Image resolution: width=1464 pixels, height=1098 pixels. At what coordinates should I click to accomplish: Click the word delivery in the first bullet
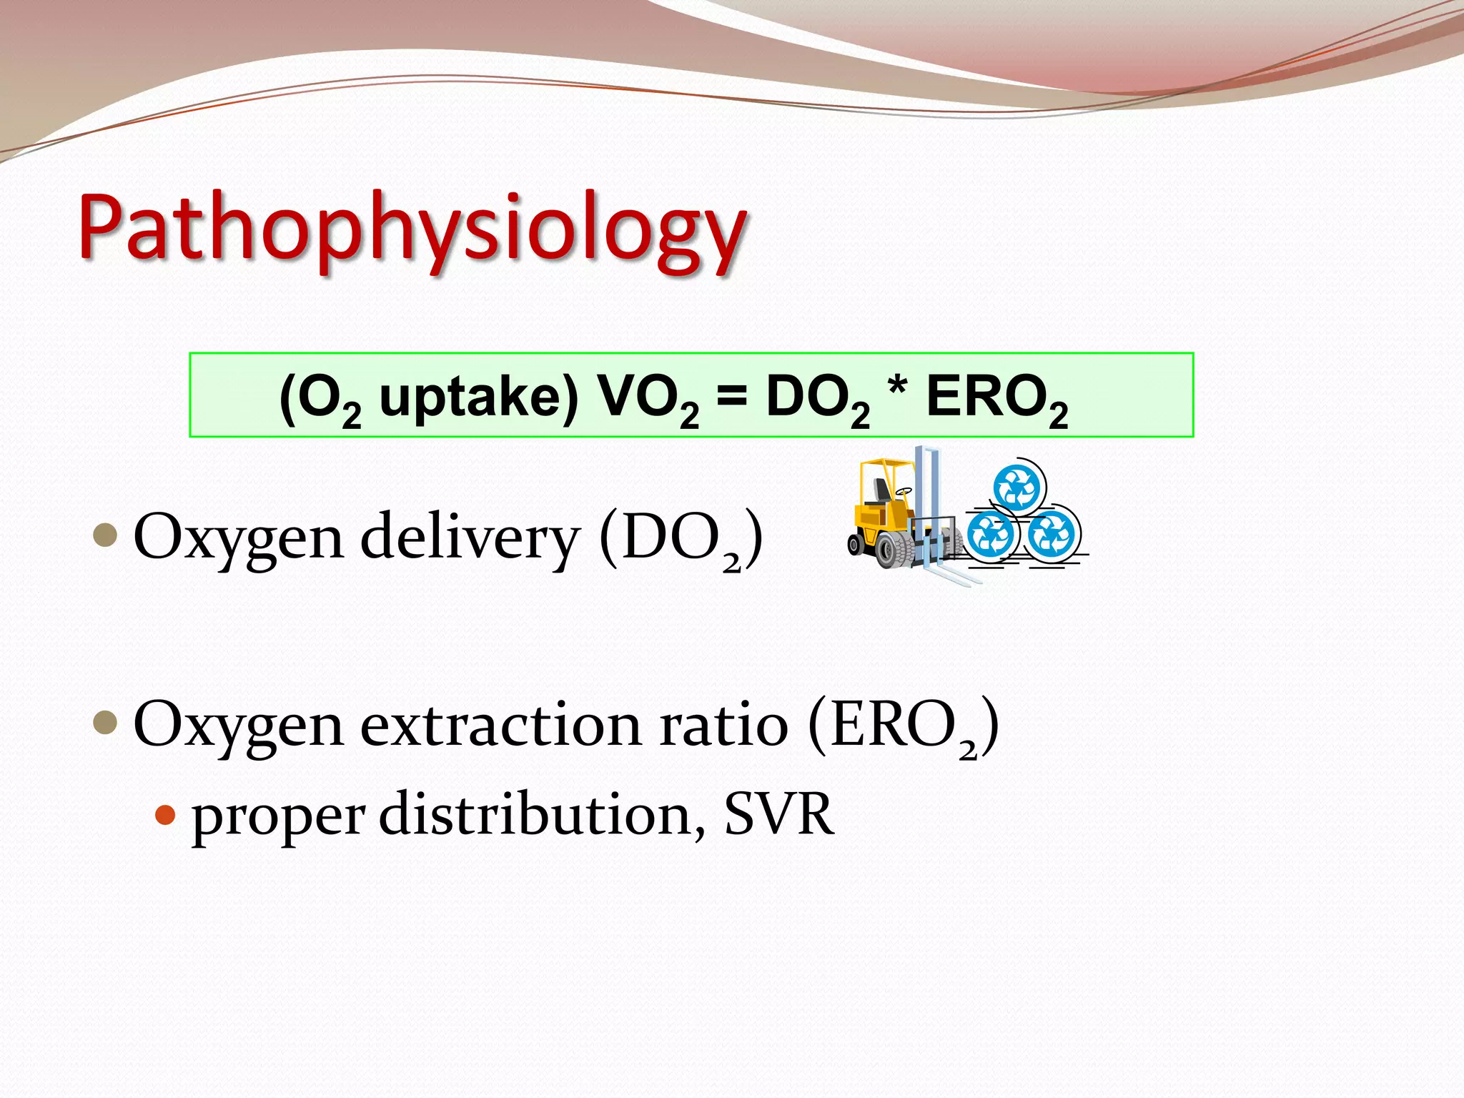coord(468,538)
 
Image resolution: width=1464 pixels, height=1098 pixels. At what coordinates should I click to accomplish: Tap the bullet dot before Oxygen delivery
coord(105,535)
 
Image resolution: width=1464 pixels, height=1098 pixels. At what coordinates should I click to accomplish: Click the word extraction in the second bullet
coord(500,725)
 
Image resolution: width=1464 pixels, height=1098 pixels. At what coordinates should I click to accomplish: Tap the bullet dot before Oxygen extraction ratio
coord(105,722)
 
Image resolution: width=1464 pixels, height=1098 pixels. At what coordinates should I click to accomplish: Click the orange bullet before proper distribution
coord(165,814)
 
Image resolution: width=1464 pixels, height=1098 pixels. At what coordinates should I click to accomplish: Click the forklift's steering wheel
coord(904,492)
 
